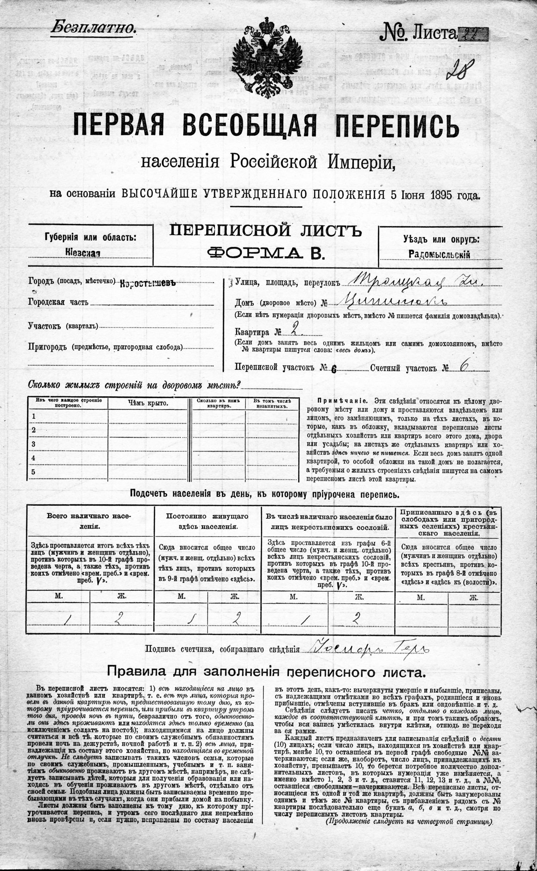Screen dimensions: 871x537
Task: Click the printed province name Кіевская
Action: click(83, 253)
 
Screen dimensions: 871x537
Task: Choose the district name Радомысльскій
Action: click(439, 254)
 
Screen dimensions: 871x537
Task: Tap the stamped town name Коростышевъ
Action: click(148, 283)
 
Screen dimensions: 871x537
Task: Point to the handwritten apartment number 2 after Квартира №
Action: click(293, 331)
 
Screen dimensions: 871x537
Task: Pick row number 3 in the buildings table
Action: click(34, 444)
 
